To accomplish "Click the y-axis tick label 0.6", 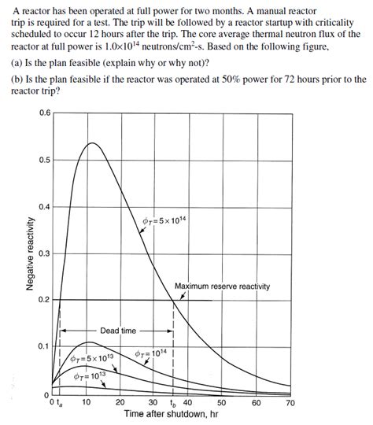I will coord(45,113).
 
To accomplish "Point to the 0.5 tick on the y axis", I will coord(45,160).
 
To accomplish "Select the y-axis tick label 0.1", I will coord(45,346).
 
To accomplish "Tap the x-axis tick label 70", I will coord(290,402).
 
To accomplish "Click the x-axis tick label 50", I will coord(221,402).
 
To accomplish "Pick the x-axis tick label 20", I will coord(120,402).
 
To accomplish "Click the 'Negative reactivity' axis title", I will coord(30,253).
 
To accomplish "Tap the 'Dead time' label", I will coord(118,331).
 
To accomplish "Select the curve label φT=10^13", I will coord(90,375).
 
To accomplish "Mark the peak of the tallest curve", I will coord(91,142).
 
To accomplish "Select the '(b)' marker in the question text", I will coord(17,80).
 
